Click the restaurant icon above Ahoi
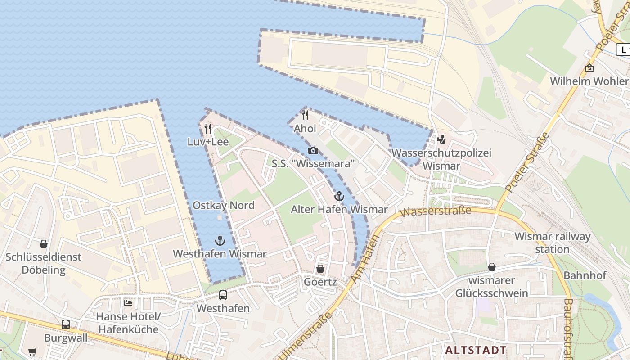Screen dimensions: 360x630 pos(305,115)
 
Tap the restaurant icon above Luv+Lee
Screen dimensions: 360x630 pos(207,129)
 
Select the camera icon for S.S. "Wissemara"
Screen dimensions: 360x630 pos(313,150)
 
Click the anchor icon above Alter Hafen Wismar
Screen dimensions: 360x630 pos(339,196)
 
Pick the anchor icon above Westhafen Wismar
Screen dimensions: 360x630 pos(220,240)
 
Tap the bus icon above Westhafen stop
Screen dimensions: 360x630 pos(223,295)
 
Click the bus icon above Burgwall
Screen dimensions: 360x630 pos(66,324)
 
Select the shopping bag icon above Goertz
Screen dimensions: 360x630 pos(320,269)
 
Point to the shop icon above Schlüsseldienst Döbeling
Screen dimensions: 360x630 pos(44,244)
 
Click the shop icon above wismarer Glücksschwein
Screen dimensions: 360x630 pos(491,267)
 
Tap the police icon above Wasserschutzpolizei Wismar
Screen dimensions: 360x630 pos(441,139)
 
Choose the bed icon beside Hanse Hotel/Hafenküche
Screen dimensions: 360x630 pos(128,303)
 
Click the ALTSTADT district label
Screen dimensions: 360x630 pos(476,350)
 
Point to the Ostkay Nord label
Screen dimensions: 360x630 pos(224,206)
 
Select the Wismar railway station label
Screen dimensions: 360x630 pos(552,243)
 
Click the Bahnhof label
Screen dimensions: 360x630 pos(585,275)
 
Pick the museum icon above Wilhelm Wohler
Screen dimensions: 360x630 pos(589,68)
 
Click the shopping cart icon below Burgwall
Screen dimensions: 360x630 pos(32,351)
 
